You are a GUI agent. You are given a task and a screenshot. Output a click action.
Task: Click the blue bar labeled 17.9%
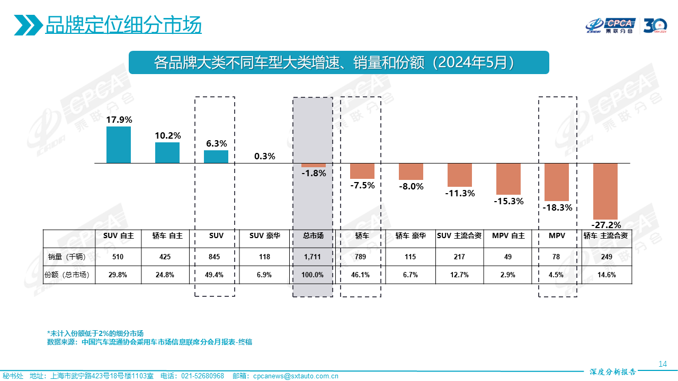pos(119,144)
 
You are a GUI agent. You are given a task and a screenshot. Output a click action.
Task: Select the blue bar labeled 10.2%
pos(167,152)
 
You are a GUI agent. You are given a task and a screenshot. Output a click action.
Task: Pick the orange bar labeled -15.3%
pos(508,179)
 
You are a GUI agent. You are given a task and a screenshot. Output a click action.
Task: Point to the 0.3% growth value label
pos(265,156)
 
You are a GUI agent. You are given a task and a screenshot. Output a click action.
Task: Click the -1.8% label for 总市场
pos(314,173)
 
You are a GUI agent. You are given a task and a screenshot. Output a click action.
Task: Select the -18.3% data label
pos(558,207)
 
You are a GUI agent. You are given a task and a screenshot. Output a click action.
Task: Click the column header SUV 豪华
pos(264,236)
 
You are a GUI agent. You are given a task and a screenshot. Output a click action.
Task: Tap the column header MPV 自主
pos(508,236)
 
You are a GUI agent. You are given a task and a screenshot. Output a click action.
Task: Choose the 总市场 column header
pos(313,236)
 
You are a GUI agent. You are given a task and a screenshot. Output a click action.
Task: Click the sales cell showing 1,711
pos(313,257)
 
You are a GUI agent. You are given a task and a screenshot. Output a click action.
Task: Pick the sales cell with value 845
pos(216,257)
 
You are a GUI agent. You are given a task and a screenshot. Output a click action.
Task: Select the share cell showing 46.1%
pos(362,275)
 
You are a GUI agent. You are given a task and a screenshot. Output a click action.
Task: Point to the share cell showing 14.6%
pos(606,275)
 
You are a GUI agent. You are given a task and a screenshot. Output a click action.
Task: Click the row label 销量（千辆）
pos(69,257)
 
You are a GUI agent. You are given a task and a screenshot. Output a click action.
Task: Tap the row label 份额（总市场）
pos(69,275)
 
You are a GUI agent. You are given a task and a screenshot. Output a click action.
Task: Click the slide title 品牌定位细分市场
pos(123,24)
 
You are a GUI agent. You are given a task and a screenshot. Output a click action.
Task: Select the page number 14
pos(662,364)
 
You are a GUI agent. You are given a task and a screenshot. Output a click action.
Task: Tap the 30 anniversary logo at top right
pos(655,25)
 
